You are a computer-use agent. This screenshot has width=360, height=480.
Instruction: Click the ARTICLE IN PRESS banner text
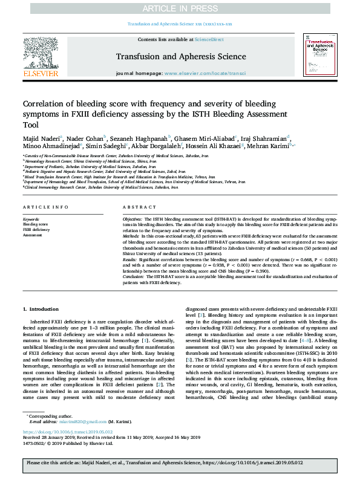[180, 8]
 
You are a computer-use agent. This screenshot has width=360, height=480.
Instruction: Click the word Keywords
[31, 219]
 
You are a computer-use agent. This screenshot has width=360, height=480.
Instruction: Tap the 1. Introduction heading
[41, 309]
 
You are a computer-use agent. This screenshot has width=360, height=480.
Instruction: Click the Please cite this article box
[180, 462]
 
